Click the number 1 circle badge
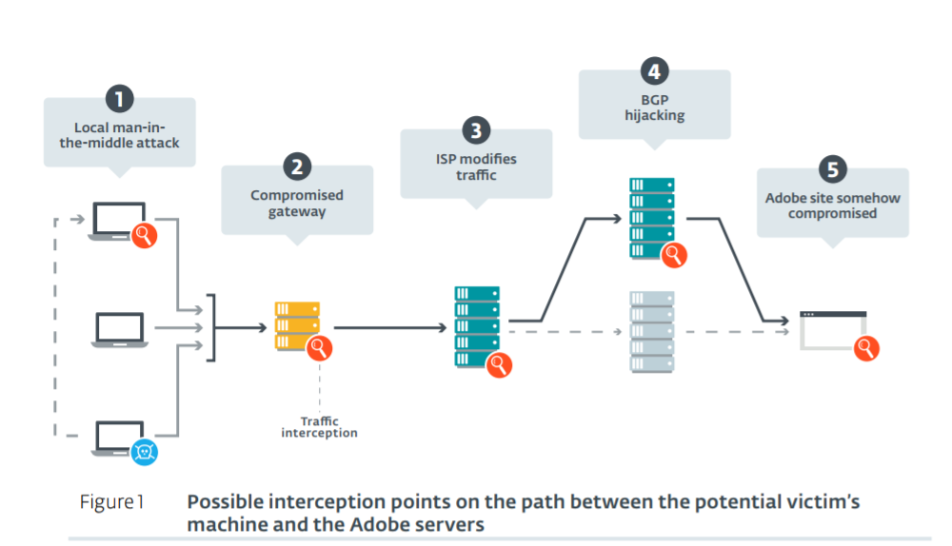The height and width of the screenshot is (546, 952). point(119,98)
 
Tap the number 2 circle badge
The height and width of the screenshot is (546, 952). point(297,166)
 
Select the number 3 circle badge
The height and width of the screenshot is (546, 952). point(475,130)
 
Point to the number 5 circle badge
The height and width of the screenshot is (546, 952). point(832,169)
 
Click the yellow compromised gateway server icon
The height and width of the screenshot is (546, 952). point(296,323)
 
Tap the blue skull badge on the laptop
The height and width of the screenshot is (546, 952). point(144,451)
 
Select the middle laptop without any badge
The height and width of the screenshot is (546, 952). point(119,329)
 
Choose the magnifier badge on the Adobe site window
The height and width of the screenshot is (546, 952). point(865,347)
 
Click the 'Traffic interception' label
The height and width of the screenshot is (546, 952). point(319,427)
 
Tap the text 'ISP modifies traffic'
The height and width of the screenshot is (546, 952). point(475,167)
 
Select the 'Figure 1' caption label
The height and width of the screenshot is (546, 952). point(111,502)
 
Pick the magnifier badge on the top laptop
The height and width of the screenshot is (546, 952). point(144,234)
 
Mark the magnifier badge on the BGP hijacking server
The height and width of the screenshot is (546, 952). point(675,254)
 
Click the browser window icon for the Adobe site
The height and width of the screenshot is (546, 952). point(831,329)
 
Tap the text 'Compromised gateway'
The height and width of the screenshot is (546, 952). point(297,203)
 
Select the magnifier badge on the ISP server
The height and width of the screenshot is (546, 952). point(499,364)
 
